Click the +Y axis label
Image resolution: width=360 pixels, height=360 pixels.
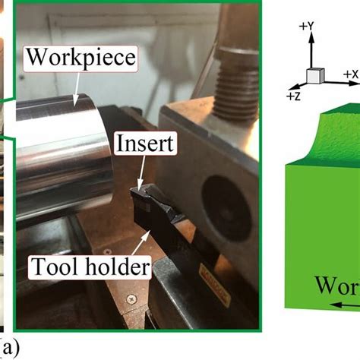click(x=307, y=27)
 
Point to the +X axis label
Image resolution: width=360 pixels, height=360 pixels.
click(x=350, y=74)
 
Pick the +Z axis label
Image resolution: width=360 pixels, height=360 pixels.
click(x=293, y=96)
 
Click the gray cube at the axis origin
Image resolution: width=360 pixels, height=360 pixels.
click(x=313, y=77)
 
